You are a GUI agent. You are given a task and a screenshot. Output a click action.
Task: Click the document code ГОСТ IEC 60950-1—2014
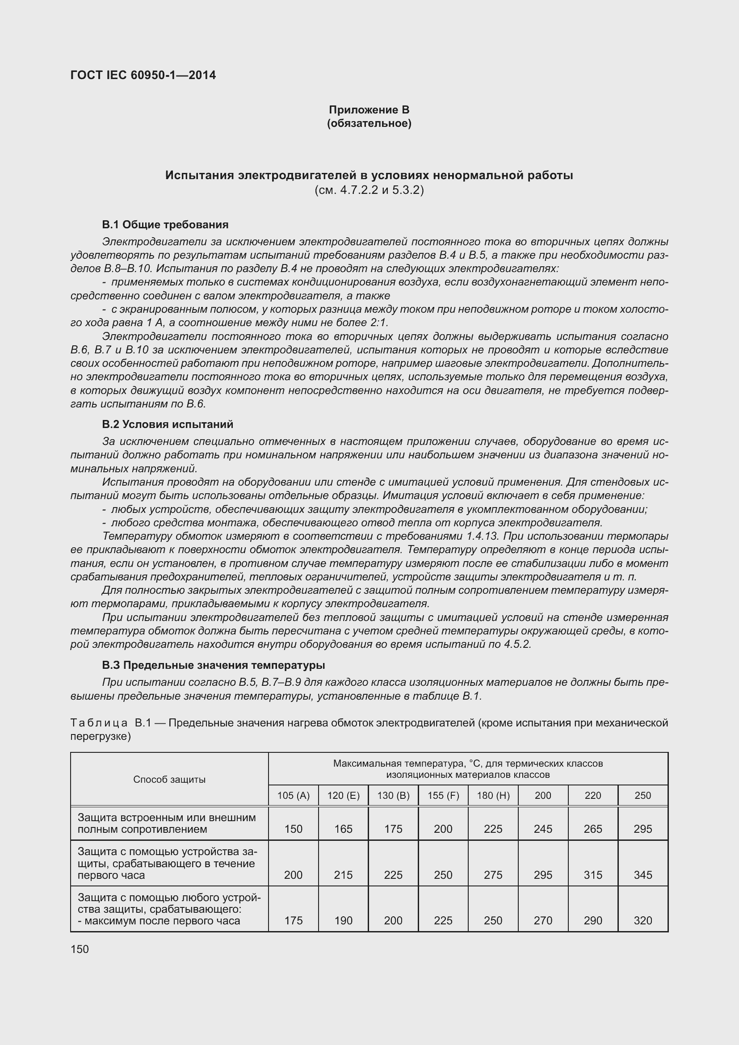coord(143,75)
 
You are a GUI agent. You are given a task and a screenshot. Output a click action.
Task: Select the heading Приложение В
coord(369,110)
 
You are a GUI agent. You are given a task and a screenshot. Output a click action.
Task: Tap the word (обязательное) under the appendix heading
coord(369,123)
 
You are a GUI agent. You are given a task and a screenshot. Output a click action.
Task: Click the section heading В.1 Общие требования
coord(165,224)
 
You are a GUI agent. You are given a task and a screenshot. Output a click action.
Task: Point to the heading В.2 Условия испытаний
coord(168,424)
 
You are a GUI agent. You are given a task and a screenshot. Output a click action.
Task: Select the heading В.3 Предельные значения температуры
coord(213,665)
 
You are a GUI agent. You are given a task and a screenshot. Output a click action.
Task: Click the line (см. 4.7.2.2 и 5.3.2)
coord(369,190)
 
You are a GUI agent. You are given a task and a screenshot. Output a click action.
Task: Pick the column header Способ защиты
coord(169,779)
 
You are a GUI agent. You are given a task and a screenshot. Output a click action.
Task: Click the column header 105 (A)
coord(294,795)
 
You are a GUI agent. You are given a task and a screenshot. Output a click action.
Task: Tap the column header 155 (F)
coord(443,795)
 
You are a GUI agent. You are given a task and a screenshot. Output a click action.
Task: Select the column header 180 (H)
coord(493,795)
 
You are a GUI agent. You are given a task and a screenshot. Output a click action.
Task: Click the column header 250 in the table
coord(642,795)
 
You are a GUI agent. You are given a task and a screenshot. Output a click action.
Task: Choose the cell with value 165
coord(344,829)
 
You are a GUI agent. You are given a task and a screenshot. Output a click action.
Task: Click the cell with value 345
coord(642,875)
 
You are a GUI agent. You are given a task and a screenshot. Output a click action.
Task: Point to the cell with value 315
coord(593,875)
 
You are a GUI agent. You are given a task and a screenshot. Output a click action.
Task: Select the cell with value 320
coord(642,920)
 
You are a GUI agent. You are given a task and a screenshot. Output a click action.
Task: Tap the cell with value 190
coord(344,920)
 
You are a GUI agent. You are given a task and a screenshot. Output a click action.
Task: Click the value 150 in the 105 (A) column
coord(294,829)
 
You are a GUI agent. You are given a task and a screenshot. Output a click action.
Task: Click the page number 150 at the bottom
coord(80,949)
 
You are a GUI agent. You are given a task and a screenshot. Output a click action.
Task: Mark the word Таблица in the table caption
coord(99,723)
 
